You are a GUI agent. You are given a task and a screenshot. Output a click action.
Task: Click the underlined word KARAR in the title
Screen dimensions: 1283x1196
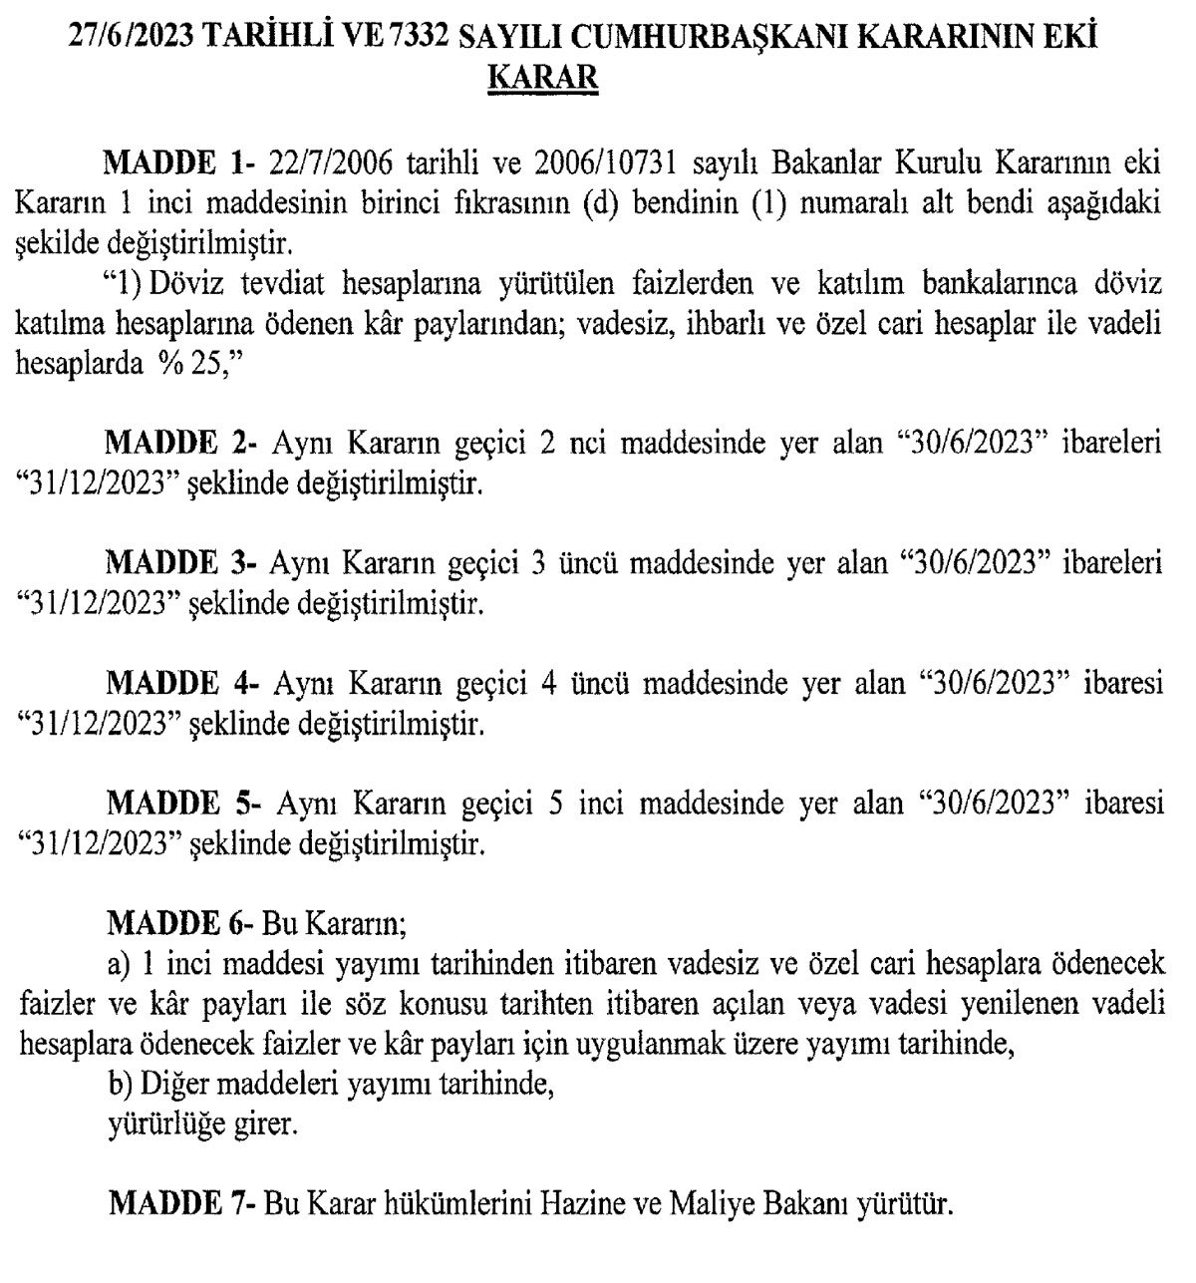pyautogui.click(x=542, y=77)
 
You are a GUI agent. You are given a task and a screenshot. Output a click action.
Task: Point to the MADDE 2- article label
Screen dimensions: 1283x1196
pyautogui.click(x=181, y=443)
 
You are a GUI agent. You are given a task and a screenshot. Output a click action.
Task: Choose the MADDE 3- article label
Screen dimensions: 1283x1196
pyautogui.click(x=181, y=563)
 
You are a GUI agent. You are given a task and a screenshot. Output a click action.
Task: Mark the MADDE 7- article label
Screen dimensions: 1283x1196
pyautogui.click(x=181, y=1204)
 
